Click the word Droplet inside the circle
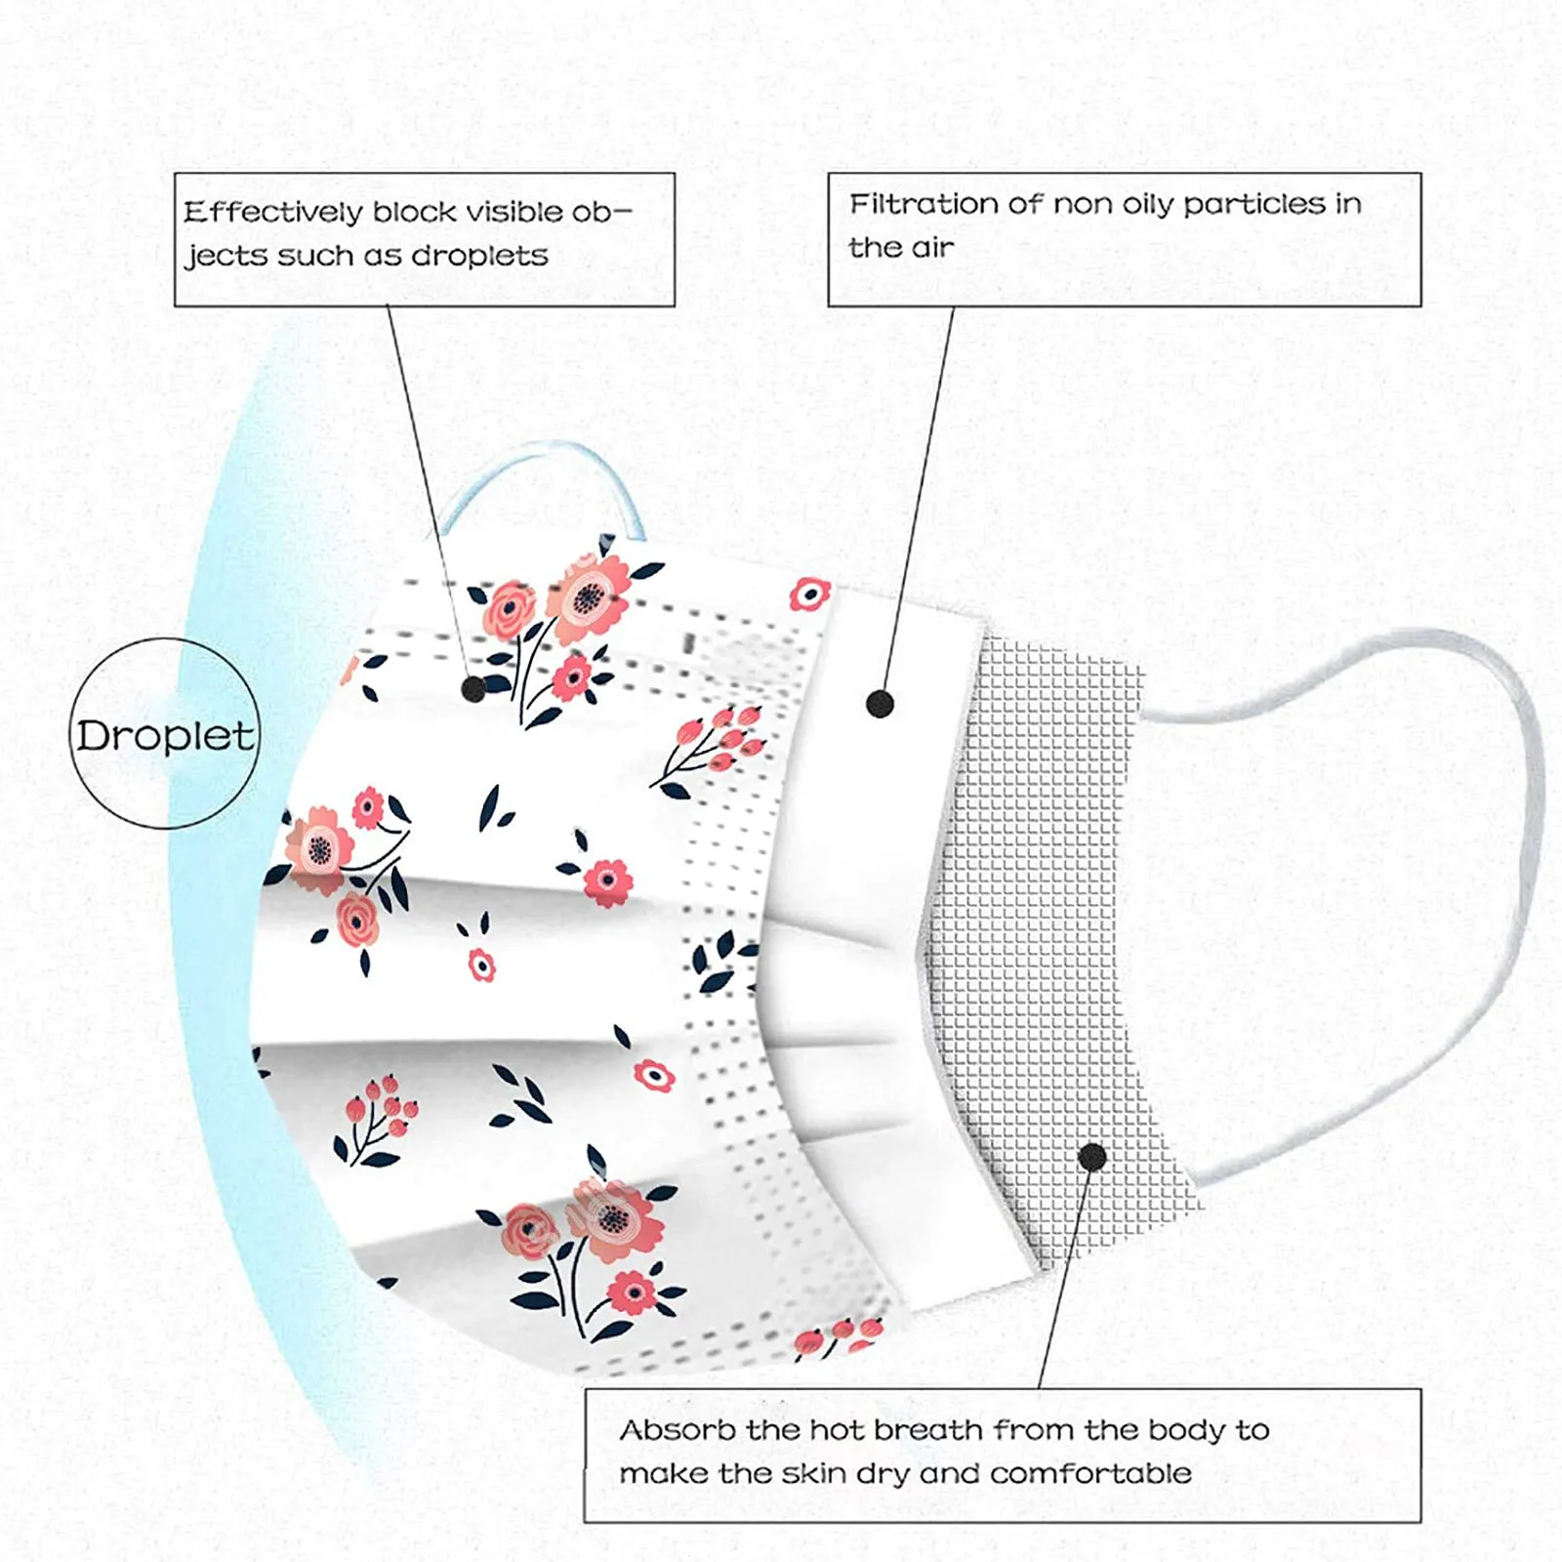coord(165,735)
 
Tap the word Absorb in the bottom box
coord(678,1430)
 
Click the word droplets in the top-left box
coord(479,256)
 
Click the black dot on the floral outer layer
coord(473,689)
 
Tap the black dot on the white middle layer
coord(880,703)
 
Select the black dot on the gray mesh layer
coord(1092,1158)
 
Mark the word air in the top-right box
coord(932,248)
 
